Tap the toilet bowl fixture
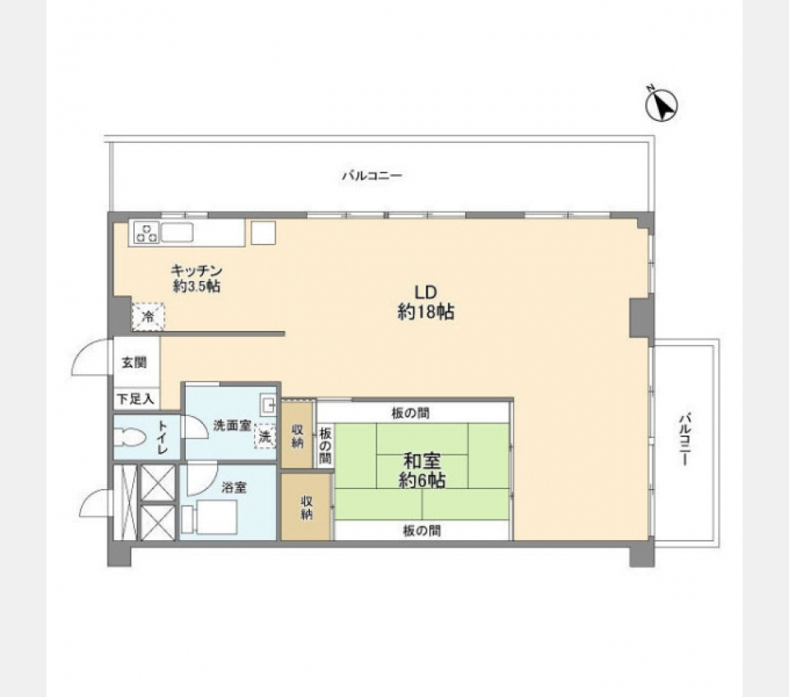point(128,436)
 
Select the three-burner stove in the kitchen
point(146,232)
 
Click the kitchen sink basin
point(177,232)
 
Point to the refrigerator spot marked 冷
point(148,316)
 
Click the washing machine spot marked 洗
point(265,436)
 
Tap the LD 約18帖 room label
point(426,302)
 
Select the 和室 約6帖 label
point(422,470)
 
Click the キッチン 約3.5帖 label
point(196,278)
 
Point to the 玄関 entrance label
point(134,362)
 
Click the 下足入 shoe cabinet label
point(136,399)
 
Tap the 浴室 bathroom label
point(234,487)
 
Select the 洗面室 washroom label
point(232,426)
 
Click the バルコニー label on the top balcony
point(372,176)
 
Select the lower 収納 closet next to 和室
point(306,508)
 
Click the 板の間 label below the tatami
point(422,530)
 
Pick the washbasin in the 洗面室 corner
point(268,404)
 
